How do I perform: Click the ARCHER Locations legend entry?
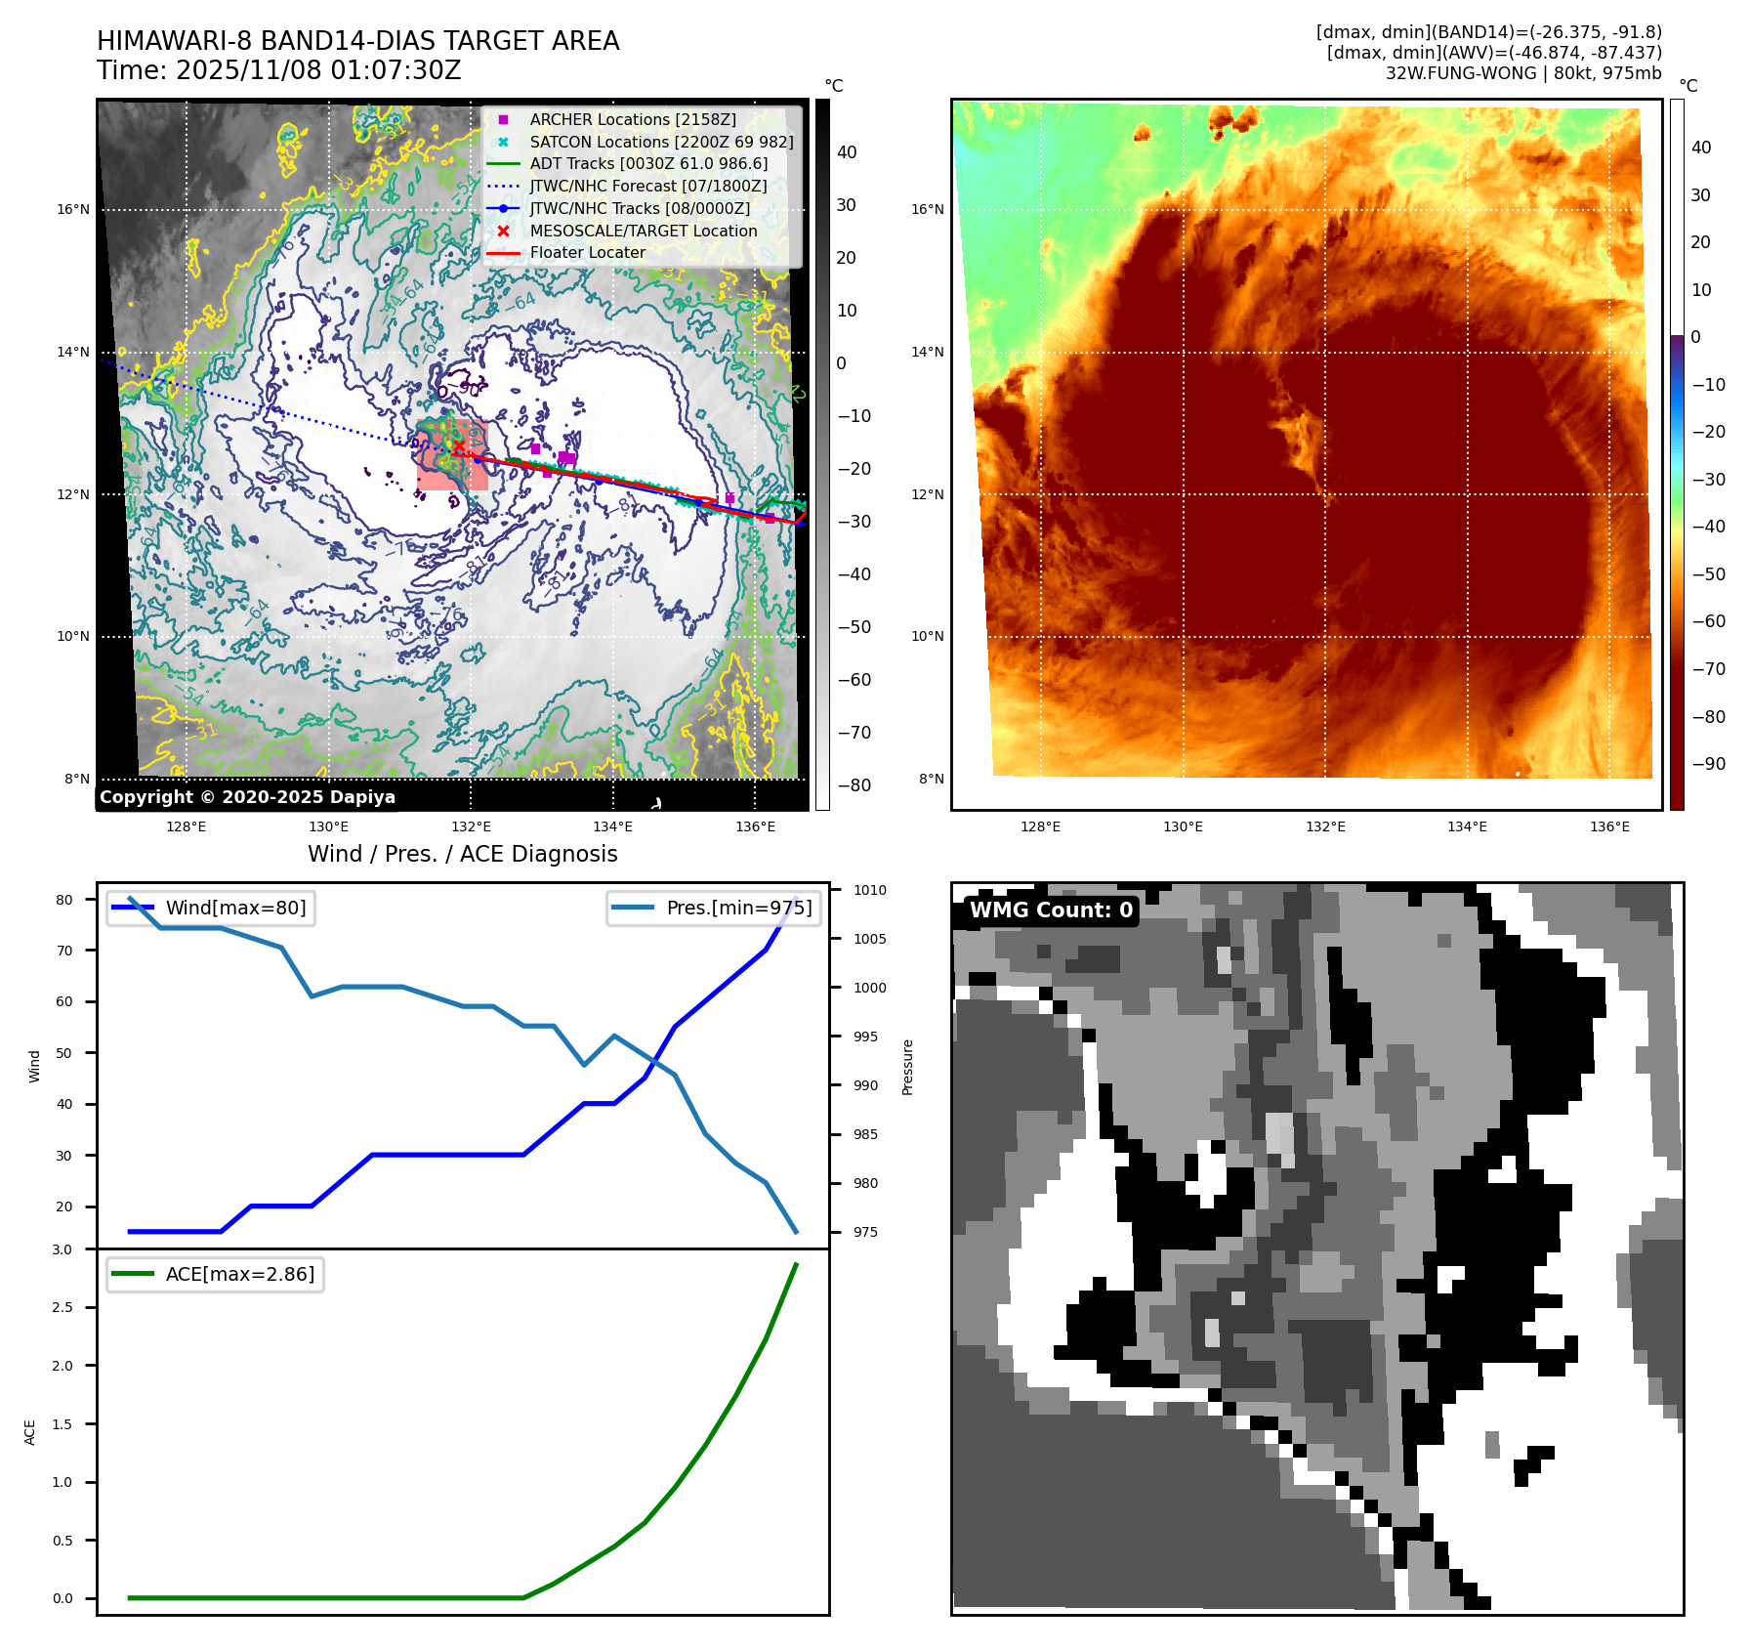click(x=633, y=119)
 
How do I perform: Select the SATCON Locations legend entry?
click(x=661, y=142)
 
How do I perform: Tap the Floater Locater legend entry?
click(x=587, y=252)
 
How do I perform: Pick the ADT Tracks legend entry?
click(x=648, y=163)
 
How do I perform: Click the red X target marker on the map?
click(x=459, y=446)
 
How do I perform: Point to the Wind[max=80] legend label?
click(x=235, y=908)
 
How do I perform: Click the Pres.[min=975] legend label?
click(x=738, y=908)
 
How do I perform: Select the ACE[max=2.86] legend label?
click(x=239, y=1274)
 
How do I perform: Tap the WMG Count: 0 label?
click(x=1051, y=910)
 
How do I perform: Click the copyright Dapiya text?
click(x=247, y=797)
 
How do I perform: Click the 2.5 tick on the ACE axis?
click(x=62, y=1307)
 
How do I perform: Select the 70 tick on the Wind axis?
click(x=64, y=951)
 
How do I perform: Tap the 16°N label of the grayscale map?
click(x=73, y=209)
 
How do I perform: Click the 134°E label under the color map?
click(x=1467, y=826)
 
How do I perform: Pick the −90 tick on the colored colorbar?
click(x=1708, y=764)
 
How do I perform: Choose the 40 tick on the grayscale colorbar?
click(x=847, y=152)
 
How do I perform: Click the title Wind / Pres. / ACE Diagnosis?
click(x=462, y=854)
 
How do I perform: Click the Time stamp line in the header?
click(x=278, y=70)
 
